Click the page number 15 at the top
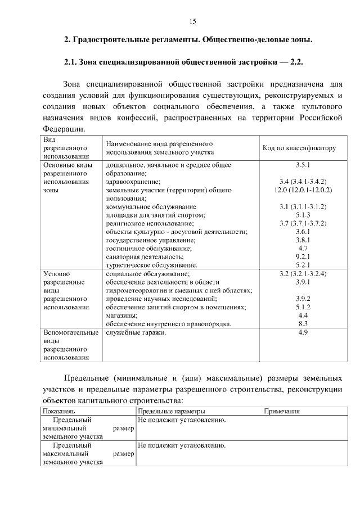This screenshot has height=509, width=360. point(192,21)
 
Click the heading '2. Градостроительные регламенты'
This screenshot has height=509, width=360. point(187,40)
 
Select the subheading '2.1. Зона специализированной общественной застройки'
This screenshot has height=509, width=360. point(184,62)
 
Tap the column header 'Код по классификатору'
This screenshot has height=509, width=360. point(299,148)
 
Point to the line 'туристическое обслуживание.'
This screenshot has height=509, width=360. point(151,265)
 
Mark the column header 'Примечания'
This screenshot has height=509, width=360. point(282,411)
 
